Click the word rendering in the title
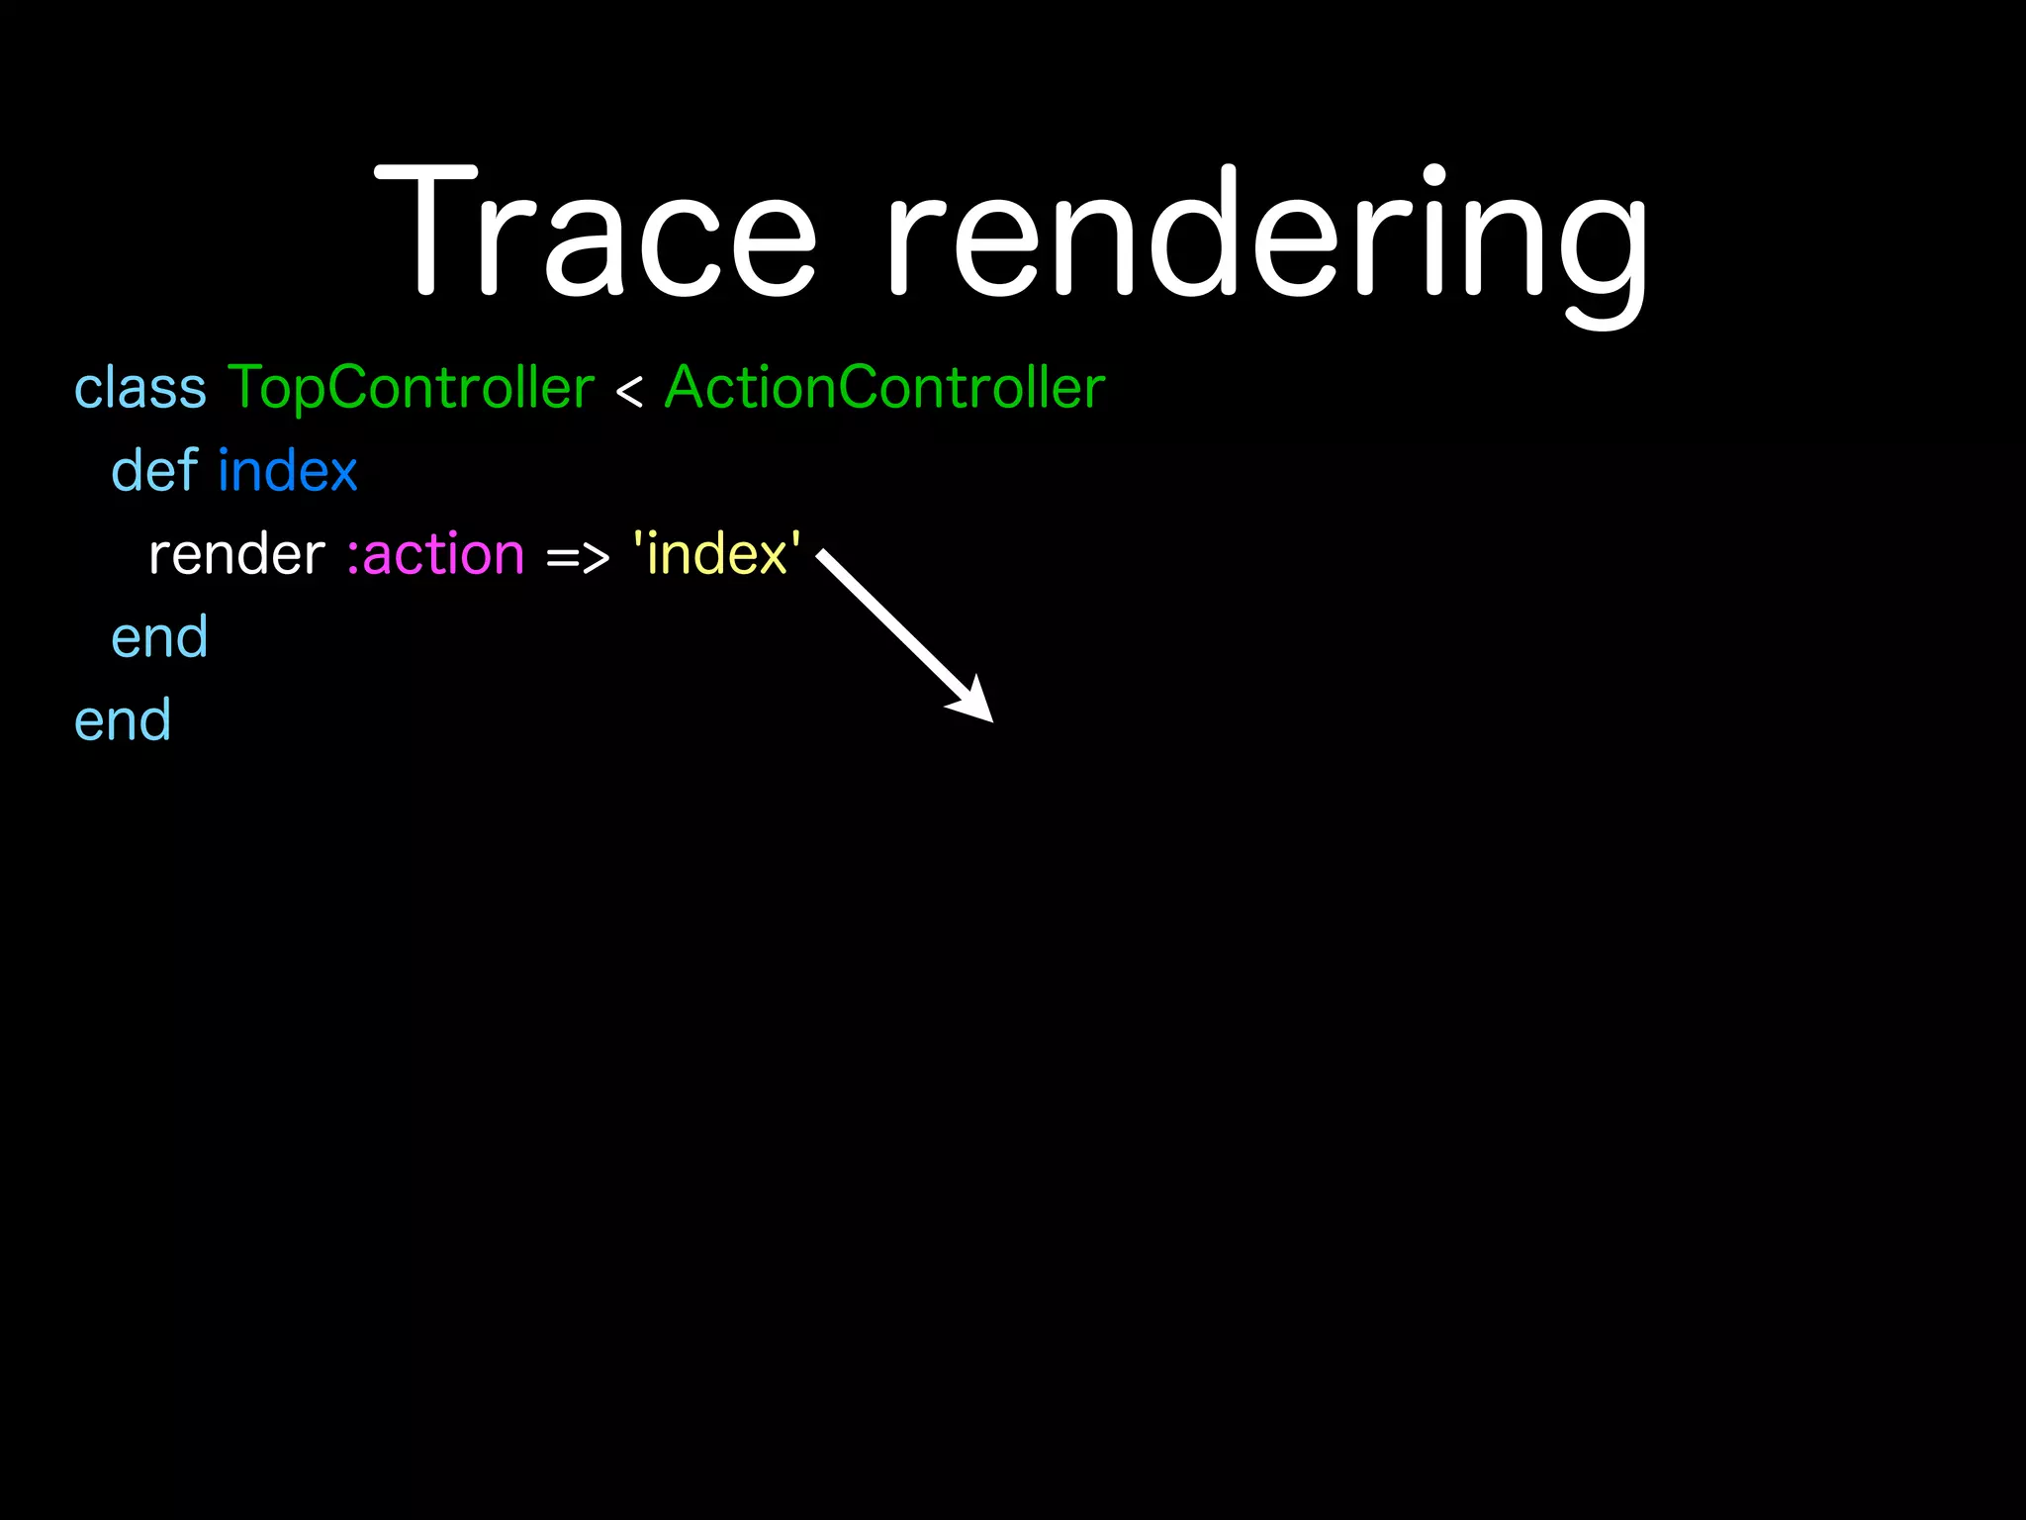pos(1266,237)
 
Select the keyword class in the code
pos(140,387)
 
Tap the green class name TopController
pos(411,387)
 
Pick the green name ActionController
pos(884,387)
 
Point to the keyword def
pos(154,470)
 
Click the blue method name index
pos(288,470)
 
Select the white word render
pos(236,554)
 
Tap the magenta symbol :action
pos(435,554)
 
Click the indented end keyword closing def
pos(159,637)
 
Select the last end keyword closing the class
pos(123,720)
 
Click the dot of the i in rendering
pos(1433,177)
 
